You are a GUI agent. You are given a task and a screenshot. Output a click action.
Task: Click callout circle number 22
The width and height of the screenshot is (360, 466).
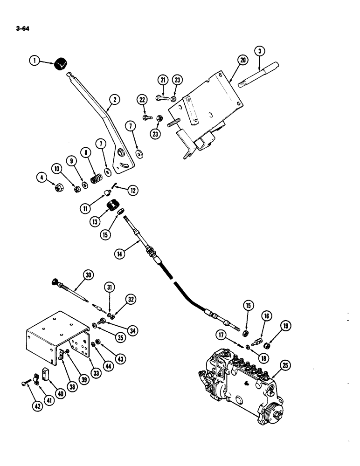coord(142,99)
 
